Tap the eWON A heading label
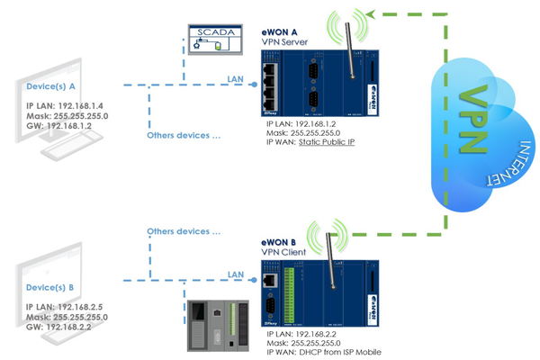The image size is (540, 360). tap(280, 29)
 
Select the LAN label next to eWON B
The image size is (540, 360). tap(236, 274)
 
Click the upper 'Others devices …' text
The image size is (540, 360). tap(184, 136)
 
